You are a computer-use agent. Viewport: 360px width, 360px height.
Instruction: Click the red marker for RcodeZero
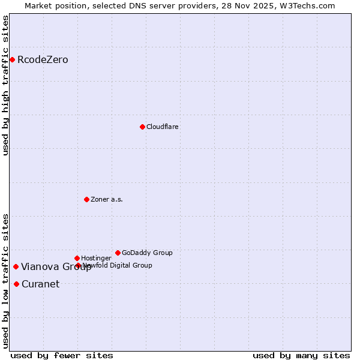point(12,59)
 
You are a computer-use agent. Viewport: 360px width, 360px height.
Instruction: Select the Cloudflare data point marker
point(142,127)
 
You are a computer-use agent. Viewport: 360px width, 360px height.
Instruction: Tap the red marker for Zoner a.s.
point(86,199)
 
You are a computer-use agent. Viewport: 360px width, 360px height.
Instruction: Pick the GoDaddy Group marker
point(118,253)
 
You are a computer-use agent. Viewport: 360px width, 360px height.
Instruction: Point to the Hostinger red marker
point(77,258)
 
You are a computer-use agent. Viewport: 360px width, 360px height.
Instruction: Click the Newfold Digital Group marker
point(78,265)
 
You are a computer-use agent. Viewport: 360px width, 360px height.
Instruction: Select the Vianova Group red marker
point(16,266)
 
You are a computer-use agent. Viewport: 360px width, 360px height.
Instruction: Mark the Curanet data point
point(16,284)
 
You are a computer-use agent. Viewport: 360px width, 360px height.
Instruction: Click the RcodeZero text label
point(43,60)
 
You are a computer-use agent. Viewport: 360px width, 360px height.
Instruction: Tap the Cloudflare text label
point(162,127)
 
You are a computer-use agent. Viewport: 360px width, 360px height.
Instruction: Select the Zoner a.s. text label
point(107,200)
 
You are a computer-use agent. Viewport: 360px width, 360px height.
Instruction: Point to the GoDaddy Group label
point(147,253)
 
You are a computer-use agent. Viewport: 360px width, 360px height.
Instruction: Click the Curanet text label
point(40,284)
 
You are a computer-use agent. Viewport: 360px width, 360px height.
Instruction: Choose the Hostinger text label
point(96,259)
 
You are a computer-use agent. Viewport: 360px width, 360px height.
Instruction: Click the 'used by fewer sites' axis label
point(62,355)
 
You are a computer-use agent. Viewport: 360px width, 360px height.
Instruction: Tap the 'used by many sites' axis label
point(301,355)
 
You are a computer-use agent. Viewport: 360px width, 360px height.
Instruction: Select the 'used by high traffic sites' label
point(6,85)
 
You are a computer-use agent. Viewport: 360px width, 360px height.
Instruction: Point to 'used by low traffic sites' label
point(6,281)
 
